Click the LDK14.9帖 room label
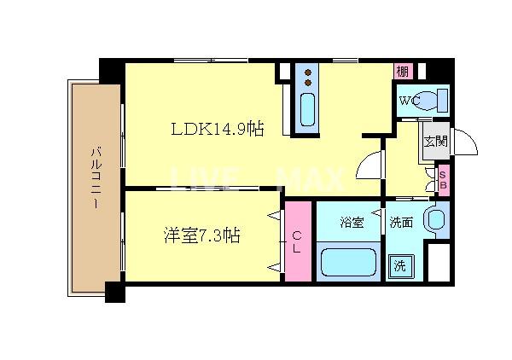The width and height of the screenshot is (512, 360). pyautogui.click(x=217, y=130)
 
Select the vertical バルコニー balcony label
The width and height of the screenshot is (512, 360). pyautogui.click(x=96, y=179)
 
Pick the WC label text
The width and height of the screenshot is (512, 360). pyautogui.click(x=408, y=102)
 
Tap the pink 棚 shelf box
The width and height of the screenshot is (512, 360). pyautogui.click(x=402, y=71)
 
